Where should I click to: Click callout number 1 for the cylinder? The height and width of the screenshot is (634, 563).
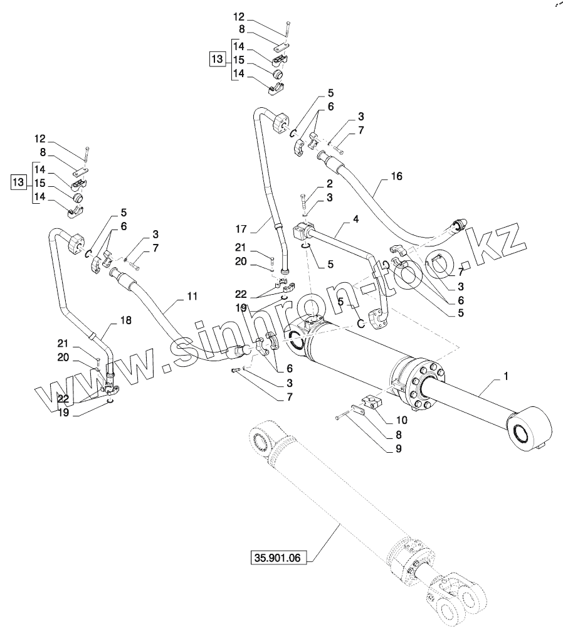(505, 376)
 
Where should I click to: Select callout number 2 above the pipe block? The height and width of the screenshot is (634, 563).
(330, 184)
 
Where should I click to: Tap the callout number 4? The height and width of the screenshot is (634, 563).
(355, 219)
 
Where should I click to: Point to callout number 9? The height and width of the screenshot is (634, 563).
(399, 448)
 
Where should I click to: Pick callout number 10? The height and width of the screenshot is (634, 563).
(401, 420)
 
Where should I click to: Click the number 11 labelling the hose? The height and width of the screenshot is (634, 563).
(192, 297)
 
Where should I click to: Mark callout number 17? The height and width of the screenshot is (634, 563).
(241, 230)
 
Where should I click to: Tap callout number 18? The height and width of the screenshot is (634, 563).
(125, 320)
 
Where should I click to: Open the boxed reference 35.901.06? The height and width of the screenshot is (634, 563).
(278, 558)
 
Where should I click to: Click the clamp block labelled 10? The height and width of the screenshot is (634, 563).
(372, 403)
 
